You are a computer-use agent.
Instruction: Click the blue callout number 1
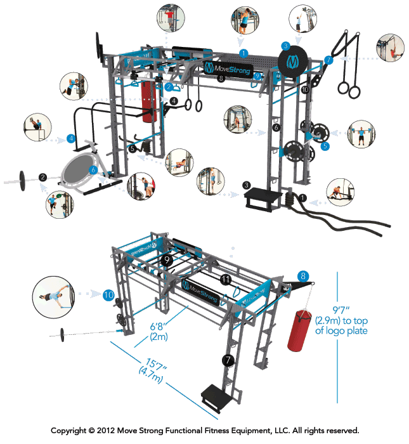243,51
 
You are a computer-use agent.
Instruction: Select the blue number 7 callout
328,60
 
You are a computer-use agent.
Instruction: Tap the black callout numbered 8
221,79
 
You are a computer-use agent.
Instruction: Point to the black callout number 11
225,279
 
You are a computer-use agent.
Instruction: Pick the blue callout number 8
303,276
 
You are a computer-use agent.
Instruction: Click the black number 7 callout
228,360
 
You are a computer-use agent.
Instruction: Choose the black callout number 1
302,198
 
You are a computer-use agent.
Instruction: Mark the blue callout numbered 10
108,295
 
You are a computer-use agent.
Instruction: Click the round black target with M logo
292,61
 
